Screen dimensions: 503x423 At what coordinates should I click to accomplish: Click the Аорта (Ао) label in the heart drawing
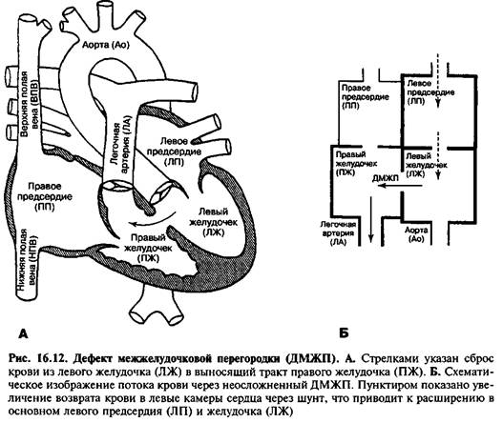pos(106,45)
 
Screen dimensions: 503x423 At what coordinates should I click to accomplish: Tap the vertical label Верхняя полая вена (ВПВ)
pos(29,104)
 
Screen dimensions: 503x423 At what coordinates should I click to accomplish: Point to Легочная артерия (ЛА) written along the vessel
pos(120,148)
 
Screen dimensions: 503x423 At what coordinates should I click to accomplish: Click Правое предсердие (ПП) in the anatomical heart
pos(45,196)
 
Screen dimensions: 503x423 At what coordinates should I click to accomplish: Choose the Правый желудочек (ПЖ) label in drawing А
pos(148,248)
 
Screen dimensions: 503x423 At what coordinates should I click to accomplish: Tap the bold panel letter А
pos(24,334)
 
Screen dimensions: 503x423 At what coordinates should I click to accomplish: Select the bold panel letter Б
pos(344,333)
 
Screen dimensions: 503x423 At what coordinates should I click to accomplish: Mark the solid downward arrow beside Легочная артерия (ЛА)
pos(371,220)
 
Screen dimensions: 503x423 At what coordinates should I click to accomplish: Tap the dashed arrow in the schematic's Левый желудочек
pos(438,155)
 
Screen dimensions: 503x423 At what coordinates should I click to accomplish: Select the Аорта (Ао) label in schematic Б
pos(416,234)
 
